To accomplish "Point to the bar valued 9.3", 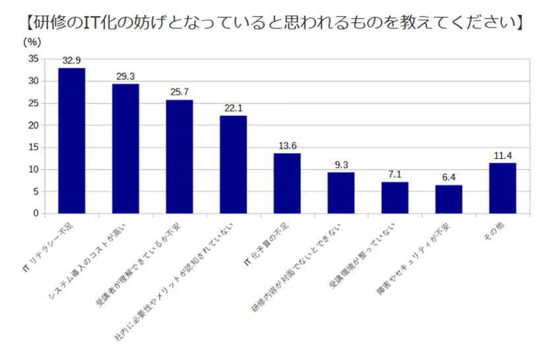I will coord(341,193).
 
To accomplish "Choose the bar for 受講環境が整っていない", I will coord(394,198).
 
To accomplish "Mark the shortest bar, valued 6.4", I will coord(448,199).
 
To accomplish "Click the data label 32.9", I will coord(71,61).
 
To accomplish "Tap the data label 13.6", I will coord(287,146).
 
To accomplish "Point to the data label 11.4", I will coord(503,156).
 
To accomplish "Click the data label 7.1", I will coord(394,175).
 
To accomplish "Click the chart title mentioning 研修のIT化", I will coord(277,22).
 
